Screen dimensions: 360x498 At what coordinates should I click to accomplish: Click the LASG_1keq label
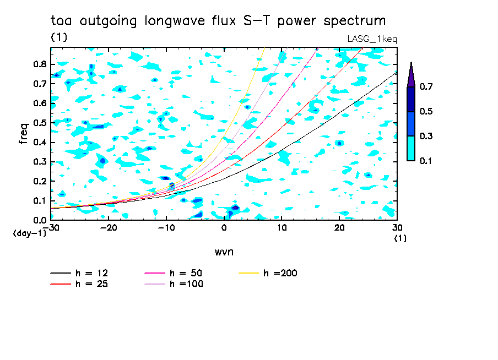[372, 39]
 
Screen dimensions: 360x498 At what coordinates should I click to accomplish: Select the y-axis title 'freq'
[24, 133]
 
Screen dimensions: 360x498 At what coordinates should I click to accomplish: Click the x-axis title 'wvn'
[224, 252]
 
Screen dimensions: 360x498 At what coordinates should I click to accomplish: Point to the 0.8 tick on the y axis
[40, 64]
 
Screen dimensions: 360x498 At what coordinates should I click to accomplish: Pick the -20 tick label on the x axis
[109, 228]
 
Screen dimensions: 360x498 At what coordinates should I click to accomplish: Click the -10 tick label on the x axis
[166, 228]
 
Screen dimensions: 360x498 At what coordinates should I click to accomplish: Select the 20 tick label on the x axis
[339, 228]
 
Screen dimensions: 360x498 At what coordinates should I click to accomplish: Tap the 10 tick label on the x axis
[282, 228]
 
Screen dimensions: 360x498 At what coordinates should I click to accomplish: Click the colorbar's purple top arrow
[411, 75]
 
